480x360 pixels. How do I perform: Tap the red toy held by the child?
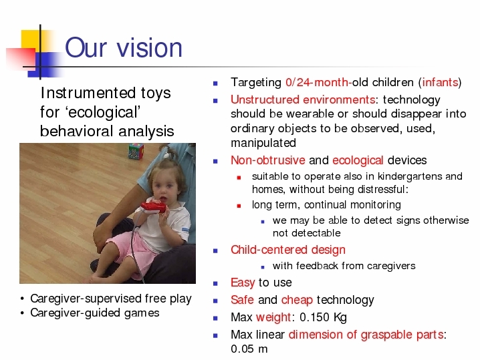pyautogui.click(x=153, y=207)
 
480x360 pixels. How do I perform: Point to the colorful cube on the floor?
pyautogui.click(x=136, y=152)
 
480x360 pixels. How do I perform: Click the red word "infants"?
pyautogui.click(x=440, y=82)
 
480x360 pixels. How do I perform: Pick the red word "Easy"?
pyautogui.click(x=243, y=283)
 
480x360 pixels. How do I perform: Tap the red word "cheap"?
pyautogui.click(x=297, y=300)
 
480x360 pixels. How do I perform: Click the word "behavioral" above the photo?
pyautogui.click(x=76, y=131)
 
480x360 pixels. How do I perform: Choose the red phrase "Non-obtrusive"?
pyautogui.click(x=268, y=160)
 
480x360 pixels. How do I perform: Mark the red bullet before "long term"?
pyautogui.click(x=239, y=206)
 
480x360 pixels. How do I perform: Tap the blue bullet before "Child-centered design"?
pyautogui.click(x=215, y=251)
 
